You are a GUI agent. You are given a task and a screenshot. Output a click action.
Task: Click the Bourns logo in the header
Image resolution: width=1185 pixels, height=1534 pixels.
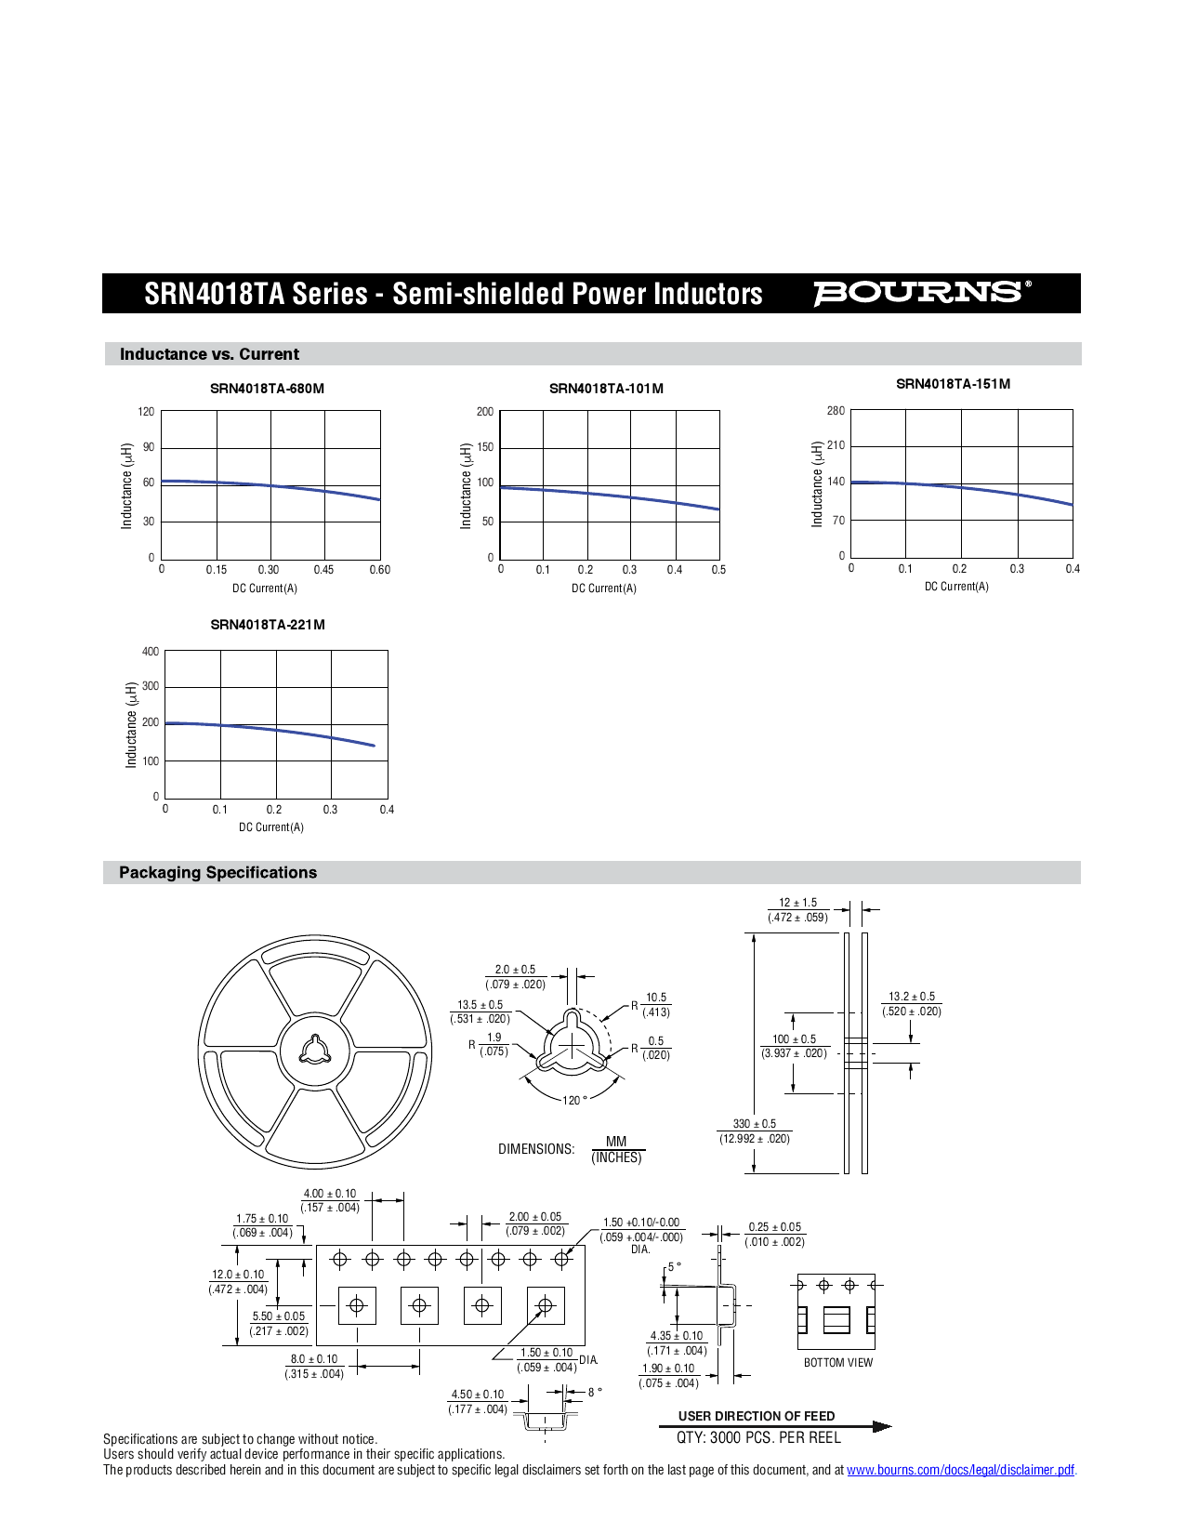click(921, 293)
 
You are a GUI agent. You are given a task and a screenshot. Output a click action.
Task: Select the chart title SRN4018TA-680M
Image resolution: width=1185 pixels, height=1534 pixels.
click(267, 389)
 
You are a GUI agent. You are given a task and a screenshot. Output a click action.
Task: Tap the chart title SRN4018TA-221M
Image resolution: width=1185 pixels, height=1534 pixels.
click(268, 625)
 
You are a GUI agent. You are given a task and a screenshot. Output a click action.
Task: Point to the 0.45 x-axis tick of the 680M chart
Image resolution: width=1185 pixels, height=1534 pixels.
click(323, 570)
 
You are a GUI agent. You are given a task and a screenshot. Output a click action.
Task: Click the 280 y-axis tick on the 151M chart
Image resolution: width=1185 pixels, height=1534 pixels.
click(836, 411)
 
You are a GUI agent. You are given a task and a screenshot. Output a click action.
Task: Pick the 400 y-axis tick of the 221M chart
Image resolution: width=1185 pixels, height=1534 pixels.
click(150, 652)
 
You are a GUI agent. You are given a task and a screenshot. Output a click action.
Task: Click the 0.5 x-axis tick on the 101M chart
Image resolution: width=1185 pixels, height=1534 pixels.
click(718, 570)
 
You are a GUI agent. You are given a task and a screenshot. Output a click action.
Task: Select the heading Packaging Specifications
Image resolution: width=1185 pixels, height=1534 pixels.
click(217, 873)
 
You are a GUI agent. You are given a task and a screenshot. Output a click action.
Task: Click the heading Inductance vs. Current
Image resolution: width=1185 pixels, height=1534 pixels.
click(209, 354)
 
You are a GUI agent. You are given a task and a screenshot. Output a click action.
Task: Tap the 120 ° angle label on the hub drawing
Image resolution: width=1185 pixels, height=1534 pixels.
click(574, 1101)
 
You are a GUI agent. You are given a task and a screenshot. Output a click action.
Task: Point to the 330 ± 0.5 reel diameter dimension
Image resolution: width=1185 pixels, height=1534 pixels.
click(754, 1124)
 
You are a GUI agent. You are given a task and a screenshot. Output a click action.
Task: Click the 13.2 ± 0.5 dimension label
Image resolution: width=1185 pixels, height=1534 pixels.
click(912, 997)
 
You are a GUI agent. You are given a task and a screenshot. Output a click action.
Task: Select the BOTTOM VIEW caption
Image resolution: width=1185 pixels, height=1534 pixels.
click(838, 1363)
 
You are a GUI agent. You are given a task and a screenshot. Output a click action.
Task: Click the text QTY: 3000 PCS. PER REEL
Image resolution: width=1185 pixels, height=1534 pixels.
click(758, 1437)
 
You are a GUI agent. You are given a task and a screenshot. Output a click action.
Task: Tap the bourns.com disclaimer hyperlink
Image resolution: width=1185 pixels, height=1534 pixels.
click(960, 1470)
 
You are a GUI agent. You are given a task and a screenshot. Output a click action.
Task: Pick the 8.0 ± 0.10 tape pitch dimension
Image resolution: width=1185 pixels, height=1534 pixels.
click(314, 1359)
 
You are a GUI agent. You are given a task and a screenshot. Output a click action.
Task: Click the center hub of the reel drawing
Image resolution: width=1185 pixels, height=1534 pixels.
click(315, 1051)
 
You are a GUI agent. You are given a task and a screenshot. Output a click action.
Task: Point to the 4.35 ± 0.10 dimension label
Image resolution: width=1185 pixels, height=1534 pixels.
click(676, 1336)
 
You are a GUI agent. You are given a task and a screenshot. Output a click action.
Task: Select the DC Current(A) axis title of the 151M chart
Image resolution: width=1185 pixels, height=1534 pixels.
click(956, 587)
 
